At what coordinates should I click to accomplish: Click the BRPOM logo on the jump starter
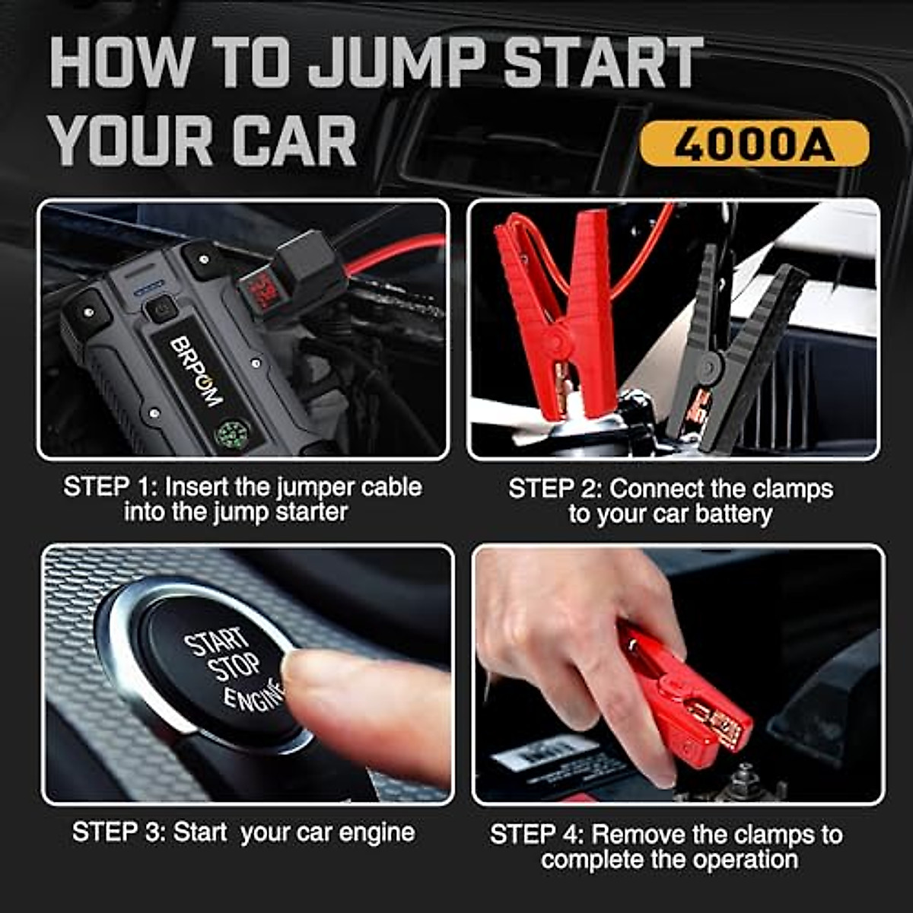196,371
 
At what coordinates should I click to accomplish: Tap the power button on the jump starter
161,308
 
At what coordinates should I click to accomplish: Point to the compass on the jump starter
228,434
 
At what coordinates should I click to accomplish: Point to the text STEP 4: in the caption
537,835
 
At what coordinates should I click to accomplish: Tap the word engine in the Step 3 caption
377,832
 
